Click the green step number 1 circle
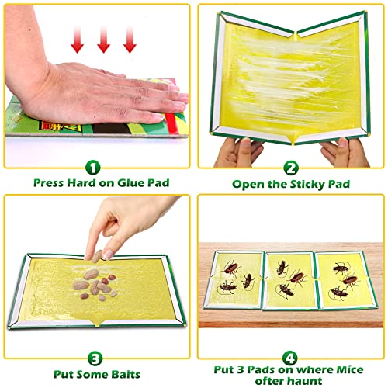pyautogui.click(x=93, y=168)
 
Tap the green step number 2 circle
pyautogui.click(x=291, y=168)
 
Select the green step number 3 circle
pyautogui.click(x=95, y=359)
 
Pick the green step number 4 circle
pyautogui.click(x=289, y=359)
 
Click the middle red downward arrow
pyautogui.click(x=104, y=40)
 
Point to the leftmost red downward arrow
pyautogui.click(x=78, y=40)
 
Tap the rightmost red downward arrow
pyautogui.click(x=130, y=40)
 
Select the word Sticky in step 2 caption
pyautogui.click(x=307, y=185)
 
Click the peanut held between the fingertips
pyautogui.click(x=97, y=256)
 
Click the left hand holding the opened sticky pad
pyautogui.click(x=237, y=153)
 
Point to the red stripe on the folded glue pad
pyautogui.click(x=172, y=123)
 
